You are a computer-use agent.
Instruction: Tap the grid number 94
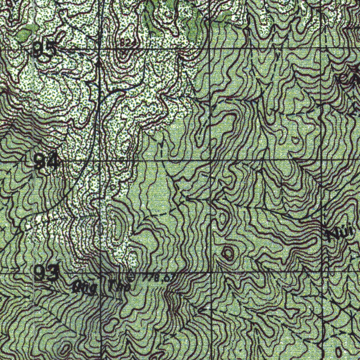click(x=46, y=161)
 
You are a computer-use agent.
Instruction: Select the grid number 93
click(x=46, y=273)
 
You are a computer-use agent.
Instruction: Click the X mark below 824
click(x=123, y=53)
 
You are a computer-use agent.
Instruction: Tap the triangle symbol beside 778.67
click(x=131, y=276)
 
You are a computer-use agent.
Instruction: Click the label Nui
click(x=336, y=235)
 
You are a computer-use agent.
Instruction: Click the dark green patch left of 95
click(x=24, y=34)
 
